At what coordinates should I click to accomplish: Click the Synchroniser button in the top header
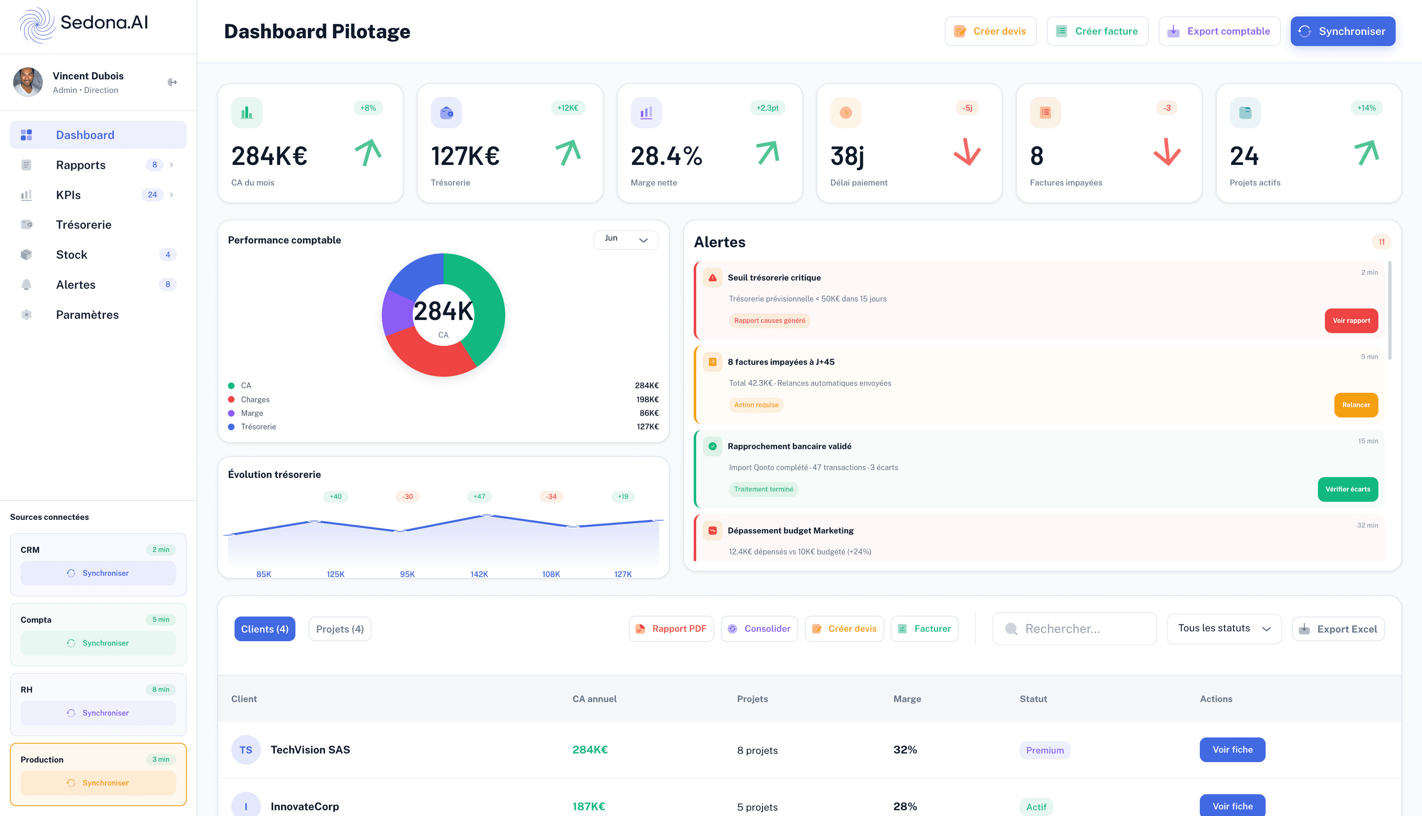pyautogui.click(x=1343, y=31)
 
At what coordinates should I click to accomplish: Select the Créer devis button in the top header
pyautogui.click(x=990, y=31)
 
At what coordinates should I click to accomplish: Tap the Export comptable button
pyautogui.click(x=1219, y=31)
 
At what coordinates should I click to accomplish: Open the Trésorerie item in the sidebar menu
pyautogui.click(x=84, y=225)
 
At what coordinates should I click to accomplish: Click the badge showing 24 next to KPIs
pyautogui.click(x=153, y=195)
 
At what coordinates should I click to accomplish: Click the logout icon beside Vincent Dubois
pyautogui.click(x=172, y=82)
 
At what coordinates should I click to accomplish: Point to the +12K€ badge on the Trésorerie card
pyautogui.click(x=567, y=108)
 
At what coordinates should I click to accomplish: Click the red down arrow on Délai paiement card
pyautogui.click(x=967, y=153)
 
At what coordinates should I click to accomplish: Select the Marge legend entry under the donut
pyautogui.click(x=252, y=413)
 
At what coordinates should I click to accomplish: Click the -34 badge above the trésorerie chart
pyautogui.click(x=551, y=496)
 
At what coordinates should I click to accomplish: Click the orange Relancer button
pyautogui.click(x=1355, y=405)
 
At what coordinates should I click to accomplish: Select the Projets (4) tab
pyautogui.click(x=340, y=629)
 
